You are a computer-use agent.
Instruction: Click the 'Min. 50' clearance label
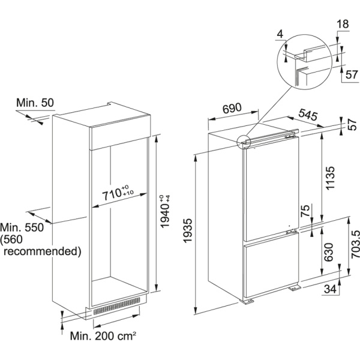pos(35,103)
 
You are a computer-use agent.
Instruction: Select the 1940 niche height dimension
pos(164,211)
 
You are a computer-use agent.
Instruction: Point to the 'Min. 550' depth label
pos(22,227)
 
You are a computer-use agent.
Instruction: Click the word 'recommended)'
pos(43,251)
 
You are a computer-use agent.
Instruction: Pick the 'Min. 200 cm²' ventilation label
pos(103,336)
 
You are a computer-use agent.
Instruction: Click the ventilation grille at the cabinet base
pos(116,306)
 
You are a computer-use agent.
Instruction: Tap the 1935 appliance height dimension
pos(187,230)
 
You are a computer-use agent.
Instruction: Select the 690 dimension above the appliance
pos(232,109)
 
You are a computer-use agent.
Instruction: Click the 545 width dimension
pos(308,115)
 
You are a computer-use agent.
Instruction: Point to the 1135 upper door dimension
pos(330,178)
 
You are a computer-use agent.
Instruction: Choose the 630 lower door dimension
pos(329,252)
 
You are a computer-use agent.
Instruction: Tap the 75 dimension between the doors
pos(305,211)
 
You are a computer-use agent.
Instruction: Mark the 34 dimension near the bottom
pos(330,289)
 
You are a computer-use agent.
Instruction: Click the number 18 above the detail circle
pos(343,24)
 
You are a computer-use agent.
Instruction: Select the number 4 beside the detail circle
pos(280,34)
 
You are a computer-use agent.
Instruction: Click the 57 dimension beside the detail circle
pos(352,75)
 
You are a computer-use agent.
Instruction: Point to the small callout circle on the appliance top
pos(243,142)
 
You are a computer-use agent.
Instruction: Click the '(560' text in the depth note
pos(11,239)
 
